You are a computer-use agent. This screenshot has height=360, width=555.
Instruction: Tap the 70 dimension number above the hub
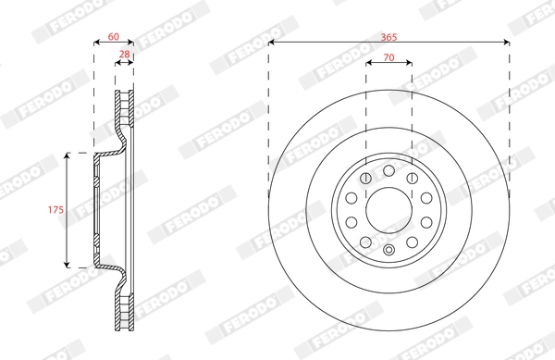click(x=388, y=57)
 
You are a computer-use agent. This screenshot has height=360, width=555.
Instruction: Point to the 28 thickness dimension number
click(x=124, y=56)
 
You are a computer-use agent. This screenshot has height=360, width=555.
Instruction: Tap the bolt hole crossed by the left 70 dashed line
click(x=366, y=177)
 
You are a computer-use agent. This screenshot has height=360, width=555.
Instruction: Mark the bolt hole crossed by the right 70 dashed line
click(x=411, y=177)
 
